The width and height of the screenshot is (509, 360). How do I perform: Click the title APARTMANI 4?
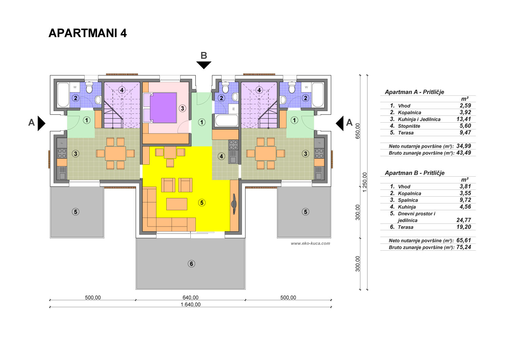pos(88,33)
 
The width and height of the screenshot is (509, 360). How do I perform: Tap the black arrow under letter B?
pos(204,65)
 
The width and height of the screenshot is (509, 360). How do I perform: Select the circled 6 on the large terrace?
pos(191,264)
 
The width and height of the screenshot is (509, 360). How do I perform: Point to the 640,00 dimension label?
pos(190,298)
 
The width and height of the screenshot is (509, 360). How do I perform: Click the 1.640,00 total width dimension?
pos(190,305)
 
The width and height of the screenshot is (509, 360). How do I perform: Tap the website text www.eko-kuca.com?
pos(310,243)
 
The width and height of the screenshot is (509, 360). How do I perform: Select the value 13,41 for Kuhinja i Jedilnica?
pos(464,119)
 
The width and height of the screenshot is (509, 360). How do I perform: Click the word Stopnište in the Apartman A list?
pos(409,126)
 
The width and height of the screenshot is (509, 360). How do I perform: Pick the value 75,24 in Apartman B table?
pos(464,247)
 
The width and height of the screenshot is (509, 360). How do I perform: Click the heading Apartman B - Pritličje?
pos(415,173)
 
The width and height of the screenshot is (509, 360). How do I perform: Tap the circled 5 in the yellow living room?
pos(202,203)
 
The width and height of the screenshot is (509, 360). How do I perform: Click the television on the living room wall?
pos(234,204)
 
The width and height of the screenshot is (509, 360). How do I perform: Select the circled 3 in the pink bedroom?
pos(182,108)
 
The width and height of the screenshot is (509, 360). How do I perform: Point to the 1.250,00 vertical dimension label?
pos(365,182)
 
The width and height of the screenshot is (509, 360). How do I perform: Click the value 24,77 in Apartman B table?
pos(464,220)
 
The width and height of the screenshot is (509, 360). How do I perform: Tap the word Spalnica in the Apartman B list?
pos(408,200)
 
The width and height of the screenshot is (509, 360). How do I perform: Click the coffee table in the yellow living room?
pos(177,204)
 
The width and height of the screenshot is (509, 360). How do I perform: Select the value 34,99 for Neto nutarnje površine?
pos(464,146)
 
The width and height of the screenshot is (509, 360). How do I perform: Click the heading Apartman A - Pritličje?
pos(414,92)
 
